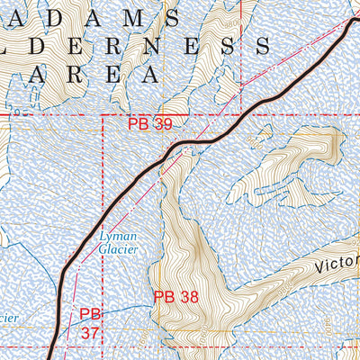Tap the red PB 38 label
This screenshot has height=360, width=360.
point(175,296)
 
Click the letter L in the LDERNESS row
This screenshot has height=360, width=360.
point(13,45)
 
